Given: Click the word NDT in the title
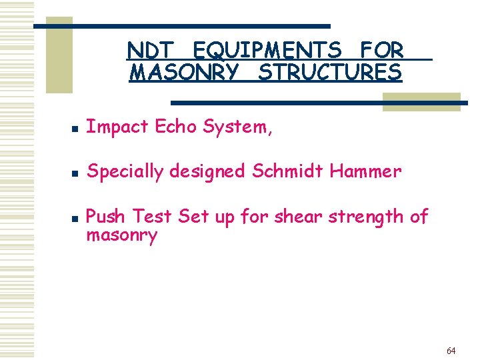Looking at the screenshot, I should pos(150,50).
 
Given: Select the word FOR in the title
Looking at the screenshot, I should pos(382,50).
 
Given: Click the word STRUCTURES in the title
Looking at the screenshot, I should pos(330,72).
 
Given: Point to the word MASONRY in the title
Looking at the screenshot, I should pos(183,72).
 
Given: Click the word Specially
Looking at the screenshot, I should pos(125,172).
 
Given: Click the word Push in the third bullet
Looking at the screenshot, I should pos(107,216).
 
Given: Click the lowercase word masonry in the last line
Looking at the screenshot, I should pos(122,236).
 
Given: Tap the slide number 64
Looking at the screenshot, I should pos(451,351).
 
